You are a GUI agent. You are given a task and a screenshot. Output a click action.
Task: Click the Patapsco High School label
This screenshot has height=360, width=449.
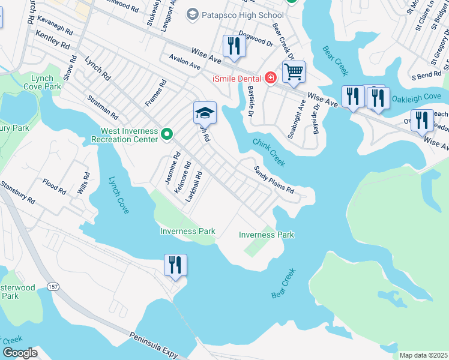tap(243, 14)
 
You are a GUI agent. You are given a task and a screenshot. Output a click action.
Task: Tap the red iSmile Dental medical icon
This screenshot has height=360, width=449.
tap(271, 78)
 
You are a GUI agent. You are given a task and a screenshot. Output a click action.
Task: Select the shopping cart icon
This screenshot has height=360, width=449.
tap(294, 72)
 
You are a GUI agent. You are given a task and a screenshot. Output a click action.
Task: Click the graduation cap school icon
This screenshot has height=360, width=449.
tap(205, 112)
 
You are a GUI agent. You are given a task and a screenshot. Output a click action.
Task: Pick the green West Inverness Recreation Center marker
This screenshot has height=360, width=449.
tap(167, 135)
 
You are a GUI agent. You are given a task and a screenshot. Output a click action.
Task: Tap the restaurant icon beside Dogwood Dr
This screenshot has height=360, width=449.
tap(234, 46)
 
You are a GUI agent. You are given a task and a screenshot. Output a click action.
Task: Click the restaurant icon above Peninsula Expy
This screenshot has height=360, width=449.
tap(175, 265)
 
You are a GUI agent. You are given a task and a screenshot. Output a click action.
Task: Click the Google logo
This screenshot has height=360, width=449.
tap(20, 353)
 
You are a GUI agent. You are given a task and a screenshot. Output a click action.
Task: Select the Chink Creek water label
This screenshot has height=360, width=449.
tap(268, 152)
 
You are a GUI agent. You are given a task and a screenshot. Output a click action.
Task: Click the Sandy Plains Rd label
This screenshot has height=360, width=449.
tap(274, 180)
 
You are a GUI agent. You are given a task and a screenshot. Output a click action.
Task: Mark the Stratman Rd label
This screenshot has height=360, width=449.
tap(102, 106)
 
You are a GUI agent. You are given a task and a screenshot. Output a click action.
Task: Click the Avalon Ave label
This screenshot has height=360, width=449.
tap(184, 64)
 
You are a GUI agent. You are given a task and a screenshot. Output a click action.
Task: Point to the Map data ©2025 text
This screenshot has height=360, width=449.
tap(423, 355)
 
